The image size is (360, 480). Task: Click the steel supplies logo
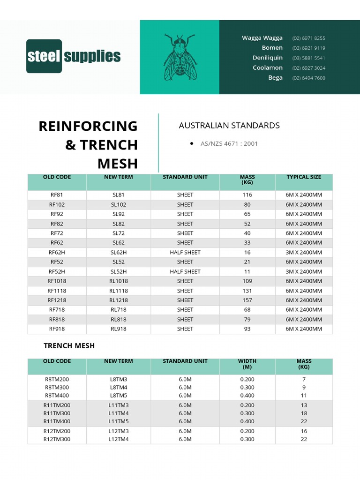click(74, 56)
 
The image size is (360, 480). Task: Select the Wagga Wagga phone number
click(308, 38)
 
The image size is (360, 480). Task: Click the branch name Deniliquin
click(268, 58)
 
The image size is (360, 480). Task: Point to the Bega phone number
click(308, 78)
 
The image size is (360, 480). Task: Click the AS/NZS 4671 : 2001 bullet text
click(229, 143)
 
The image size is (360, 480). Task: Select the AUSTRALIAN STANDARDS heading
click(229, 125)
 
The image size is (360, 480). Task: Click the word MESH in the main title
click(118, 164)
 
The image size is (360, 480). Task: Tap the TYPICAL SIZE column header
click(304, 177)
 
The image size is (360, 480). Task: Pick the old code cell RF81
click(57, 195)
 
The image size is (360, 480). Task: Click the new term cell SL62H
click(119, 252)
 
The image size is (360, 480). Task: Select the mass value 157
click(247, 300)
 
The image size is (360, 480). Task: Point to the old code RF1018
click(57, 281)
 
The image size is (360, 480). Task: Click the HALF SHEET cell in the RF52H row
click(185, 271)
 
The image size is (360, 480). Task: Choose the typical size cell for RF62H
click(304, 252)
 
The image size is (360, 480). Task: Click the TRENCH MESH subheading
click(69, 345)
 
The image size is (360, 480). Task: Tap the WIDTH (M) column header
click(247, 364)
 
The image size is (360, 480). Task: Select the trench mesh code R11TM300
click(57, 413)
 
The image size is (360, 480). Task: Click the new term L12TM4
click(119, 439)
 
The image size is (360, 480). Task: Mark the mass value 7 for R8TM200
click(304, 379)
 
